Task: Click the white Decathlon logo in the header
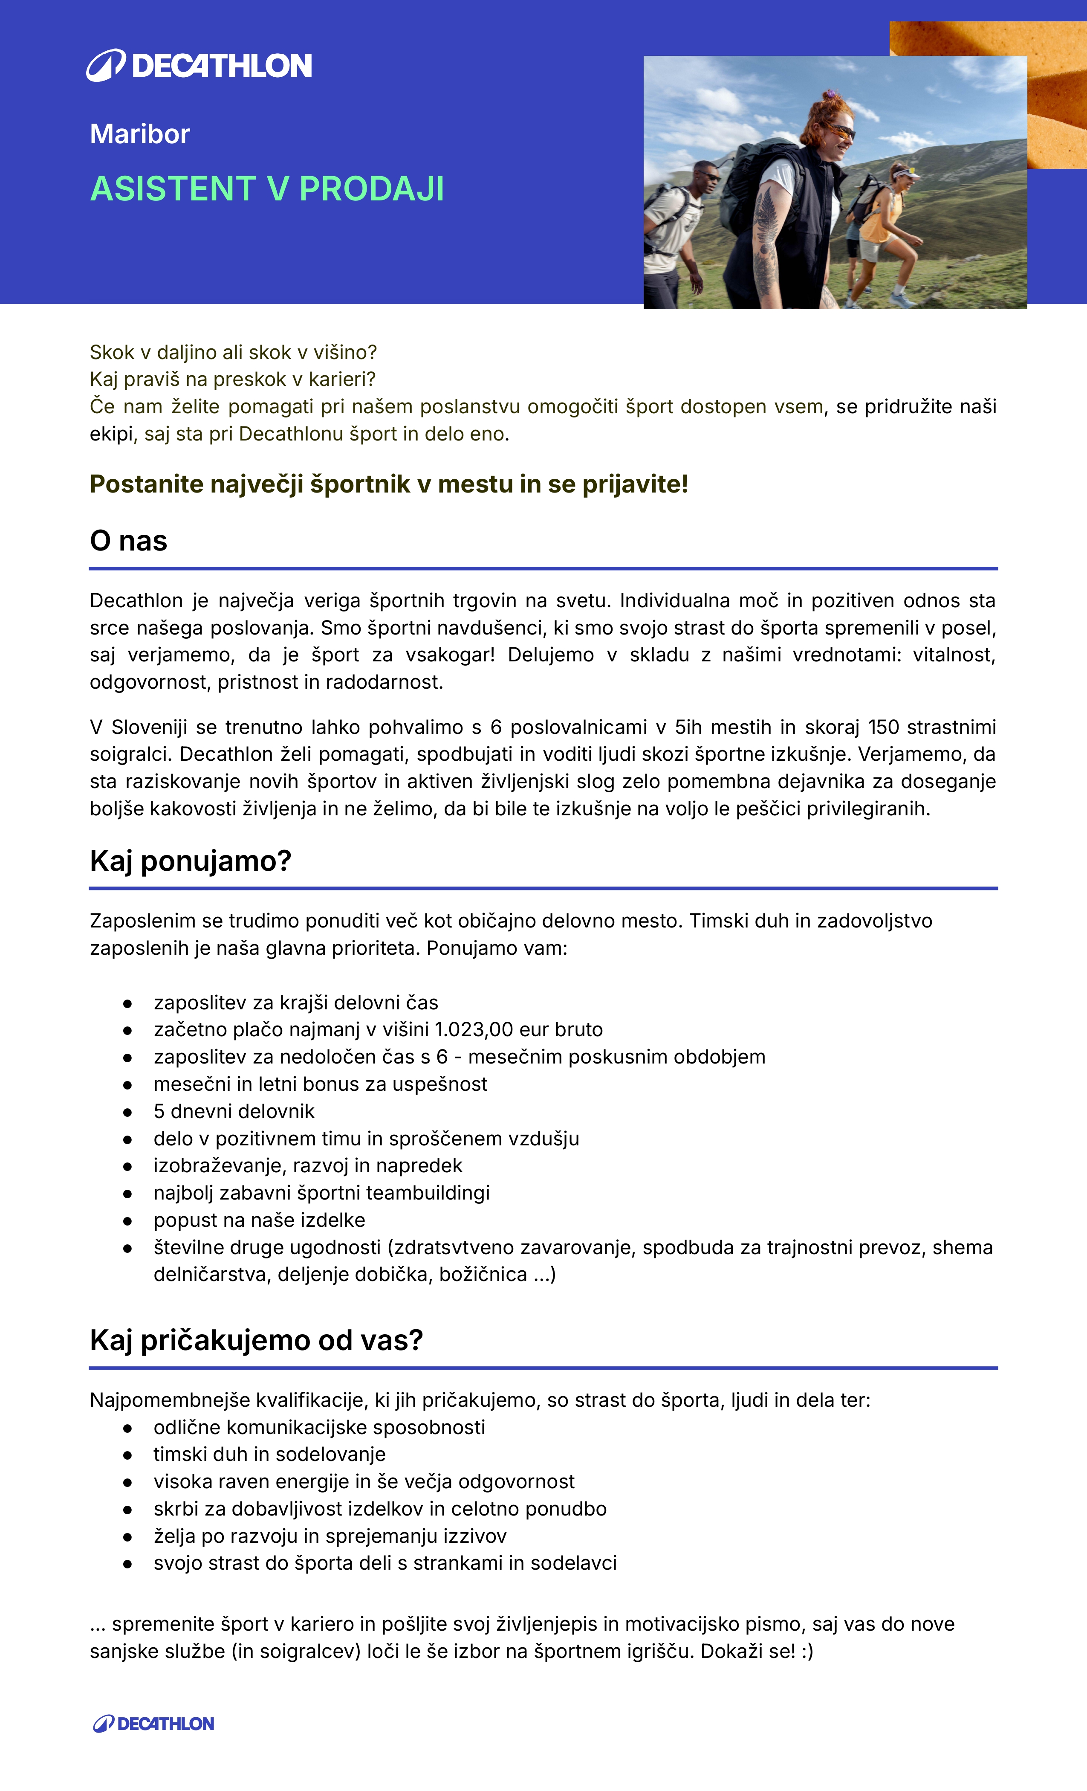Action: pos(199,65)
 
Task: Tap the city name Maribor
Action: pos(139,134)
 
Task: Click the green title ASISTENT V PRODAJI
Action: pos(267,189)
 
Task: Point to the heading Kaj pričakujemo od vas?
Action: pos(256,1340)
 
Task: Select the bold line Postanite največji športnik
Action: pos(389,484)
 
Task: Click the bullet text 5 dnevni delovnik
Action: pos(234,1111)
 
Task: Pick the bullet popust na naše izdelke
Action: pos(260,1220)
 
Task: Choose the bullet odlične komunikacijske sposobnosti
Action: pos(319,1428)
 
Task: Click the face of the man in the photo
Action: pos(706,178)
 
